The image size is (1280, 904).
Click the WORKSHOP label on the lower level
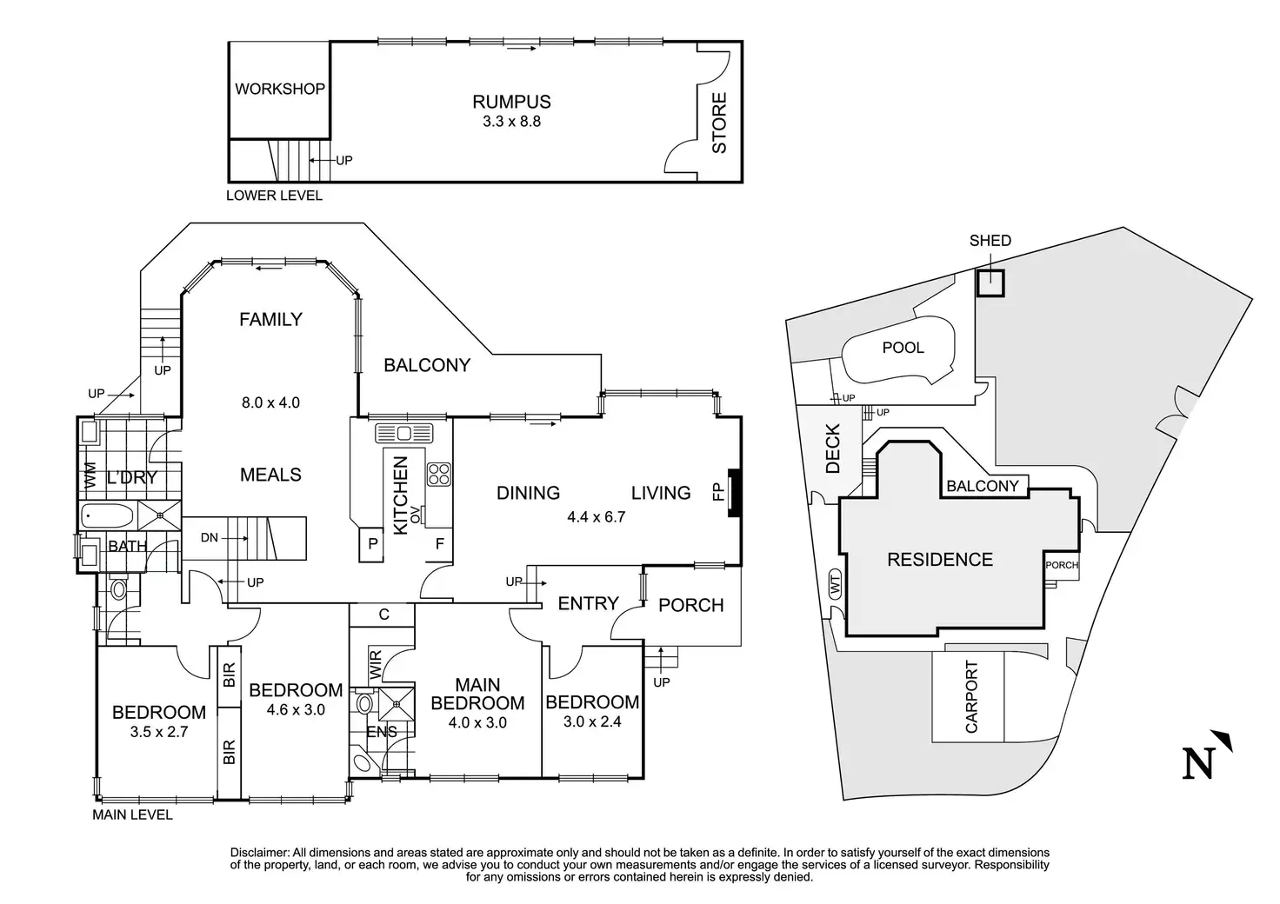point(280,89)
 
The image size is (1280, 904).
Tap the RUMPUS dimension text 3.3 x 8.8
point(511,122)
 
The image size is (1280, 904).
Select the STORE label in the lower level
point(719,123)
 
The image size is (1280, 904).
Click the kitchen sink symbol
point(403,433)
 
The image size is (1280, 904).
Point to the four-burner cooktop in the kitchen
point(438,473)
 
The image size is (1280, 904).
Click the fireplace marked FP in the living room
point(733,493)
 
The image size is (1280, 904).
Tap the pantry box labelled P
point(373,544)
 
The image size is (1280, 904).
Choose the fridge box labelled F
point(441,544)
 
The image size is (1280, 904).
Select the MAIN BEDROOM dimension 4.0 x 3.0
point(477,722)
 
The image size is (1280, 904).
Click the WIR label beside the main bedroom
point(375,664)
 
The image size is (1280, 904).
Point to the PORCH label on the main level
point(690,605)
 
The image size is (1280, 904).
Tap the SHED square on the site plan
point(990,283)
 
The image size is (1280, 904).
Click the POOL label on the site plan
point(903,348)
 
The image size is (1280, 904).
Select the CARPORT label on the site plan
point(971,697)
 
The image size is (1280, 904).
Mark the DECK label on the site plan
point(832,449)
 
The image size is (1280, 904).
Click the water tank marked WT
point(836,588)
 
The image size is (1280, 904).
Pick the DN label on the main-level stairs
point(210,537)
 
